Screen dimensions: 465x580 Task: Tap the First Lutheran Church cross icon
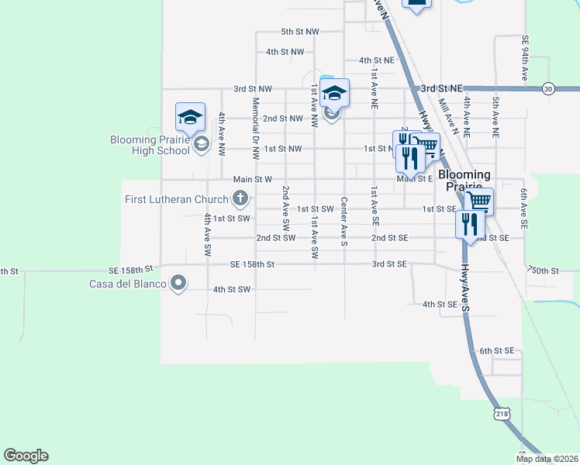240,199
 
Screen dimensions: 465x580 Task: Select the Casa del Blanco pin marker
179,284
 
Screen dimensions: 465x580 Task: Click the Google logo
26,456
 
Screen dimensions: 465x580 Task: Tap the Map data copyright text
547,459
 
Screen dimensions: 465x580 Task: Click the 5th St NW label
300,32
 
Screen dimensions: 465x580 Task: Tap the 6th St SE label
497,351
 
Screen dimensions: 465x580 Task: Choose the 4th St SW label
232,290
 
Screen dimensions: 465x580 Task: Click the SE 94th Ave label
525,59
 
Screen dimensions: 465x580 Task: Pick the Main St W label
252,179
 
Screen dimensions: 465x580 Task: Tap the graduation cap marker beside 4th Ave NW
190,117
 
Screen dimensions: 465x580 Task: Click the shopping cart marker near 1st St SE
478,201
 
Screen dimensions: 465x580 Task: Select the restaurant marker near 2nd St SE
470,224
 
